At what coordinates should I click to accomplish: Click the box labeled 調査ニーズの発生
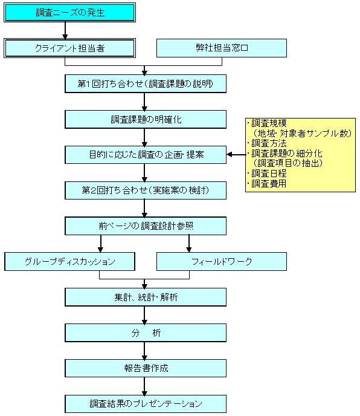pos(69,13)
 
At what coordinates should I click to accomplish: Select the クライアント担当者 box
pos(69,48)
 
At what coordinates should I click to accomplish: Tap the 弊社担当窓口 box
pos(222,48)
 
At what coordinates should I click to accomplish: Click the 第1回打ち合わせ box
pos(146,83)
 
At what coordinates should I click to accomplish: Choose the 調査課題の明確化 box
pos(146,119)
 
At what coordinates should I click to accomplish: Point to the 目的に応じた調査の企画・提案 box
pos(146,155)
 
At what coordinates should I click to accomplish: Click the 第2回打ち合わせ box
pos(146,190)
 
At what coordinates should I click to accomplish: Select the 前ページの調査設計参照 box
pos(146,226)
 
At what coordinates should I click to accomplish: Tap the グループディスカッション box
pos(69,262)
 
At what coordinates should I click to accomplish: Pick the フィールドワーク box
pos(222,262)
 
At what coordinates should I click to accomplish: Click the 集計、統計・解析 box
pos(146,297)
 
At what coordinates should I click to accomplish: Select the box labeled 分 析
pos(146,333)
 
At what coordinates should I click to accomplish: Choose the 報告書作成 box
pos(146,368)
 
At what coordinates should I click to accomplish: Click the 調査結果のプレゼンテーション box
pos(146,404)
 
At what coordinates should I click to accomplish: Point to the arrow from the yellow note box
pos(236,154)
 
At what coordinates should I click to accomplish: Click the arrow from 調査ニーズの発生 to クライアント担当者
pos(65,30)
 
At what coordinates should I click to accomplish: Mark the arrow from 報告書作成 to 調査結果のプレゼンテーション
pos(144,386)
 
